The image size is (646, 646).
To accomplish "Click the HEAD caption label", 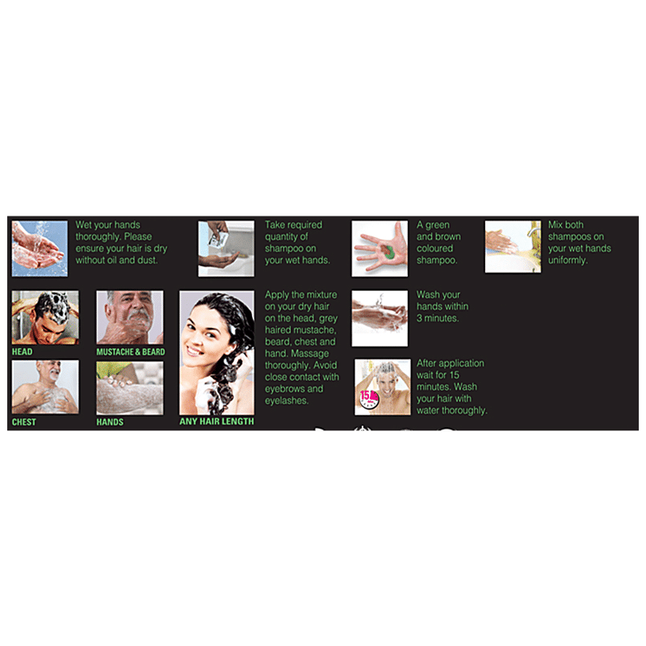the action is [22, 351].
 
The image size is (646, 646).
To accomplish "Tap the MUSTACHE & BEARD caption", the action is [131, 352].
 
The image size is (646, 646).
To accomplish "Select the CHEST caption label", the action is [24, 422].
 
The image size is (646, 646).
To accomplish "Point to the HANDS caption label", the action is [110, 422].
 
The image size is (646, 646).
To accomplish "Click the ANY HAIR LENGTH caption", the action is [216, 421].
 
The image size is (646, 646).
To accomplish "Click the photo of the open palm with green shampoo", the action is [380, 249].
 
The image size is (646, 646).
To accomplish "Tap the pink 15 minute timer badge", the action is [368, 399].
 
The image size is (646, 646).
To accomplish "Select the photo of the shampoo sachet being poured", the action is [226, 249].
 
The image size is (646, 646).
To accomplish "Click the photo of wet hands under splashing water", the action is [40, 249].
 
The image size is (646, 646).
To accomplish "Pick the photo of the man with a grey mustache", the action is [130, 317].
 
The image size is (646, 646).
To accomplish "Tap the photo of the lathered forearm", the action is [130, 388].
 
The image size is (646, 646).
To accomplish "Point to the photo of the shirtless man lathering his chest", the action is [45, 387].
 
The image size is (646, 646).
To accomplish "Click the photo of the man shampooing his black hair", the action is [45, 317].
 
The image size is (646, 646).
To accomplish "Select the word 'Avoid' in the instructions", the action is [325, 365].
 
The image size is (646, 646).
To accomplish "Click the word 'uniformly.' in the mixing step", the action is [567, 260].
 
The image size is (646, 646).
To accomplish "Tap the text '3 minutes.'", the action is [438, 318].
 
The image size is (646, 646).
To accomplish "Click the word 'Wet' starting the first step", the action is [83, 224].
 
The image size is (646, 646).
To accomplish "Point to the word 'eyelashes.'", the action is [287, 401].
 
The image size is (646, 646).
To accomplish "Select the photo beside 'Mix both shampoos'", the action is [513, 246].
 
